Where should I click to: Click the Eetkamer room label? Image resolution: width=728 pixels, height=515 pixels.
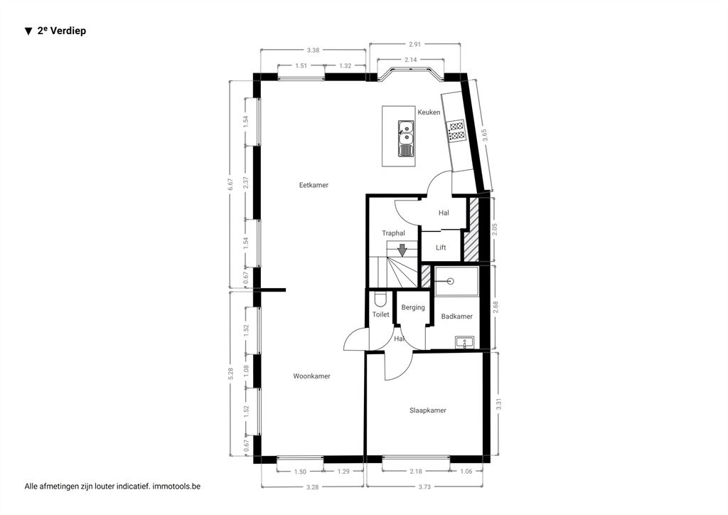pos(314,185)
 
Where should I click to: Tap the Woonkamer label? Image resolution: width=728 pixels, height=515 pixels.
pos(311,376)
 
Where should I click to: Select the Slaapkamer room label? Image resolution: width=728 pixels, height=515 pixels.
pos(427,410)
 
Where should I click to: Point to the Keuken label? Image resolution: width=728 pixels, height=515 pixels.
pos(429,112)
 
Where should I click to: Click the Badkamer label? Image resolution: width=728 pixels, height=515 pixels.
pos(457,317)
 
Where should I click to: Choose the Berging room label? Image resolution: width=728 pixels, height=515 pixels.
pos(413,307)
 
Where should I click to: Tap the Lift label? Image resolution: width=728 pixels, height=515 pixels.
pos(441,248)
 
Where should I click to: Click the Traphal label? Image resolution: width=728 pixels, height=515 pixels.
pos(393,233)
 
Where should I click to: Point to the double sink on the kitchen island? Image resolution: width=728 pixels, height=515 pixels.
pos(406,138)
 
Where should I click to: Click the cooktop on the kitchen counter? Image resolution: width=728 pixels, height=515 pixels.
pos(456,130)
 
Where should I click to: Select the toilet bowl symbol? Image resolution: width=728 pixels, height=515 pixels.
pos(380,300)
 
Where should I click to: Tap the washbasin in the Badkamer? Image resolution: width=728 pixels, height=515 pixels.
pos(464,342)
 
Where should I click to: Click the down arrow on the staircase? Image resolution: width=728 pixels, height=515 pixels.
pos(402,250)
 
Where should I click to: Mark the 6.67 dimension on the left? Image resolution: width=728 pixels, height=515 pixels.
pos(231,185)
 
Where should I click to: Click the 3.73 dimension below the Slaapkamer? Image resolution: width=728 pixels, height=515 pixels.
pos(424,487)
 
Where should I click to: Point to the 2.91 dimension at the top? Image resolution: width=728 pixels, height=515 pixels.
pos(414,45)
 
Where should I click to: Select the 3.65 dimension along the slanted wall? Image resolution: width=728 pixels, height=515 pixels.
pos(484,134)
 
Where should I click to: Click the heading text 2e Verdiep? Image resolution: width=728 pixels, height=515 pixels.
pos(55,31)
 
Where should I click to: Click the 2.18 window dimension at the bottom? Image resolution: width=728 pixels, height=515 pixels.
pos(416,472)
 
